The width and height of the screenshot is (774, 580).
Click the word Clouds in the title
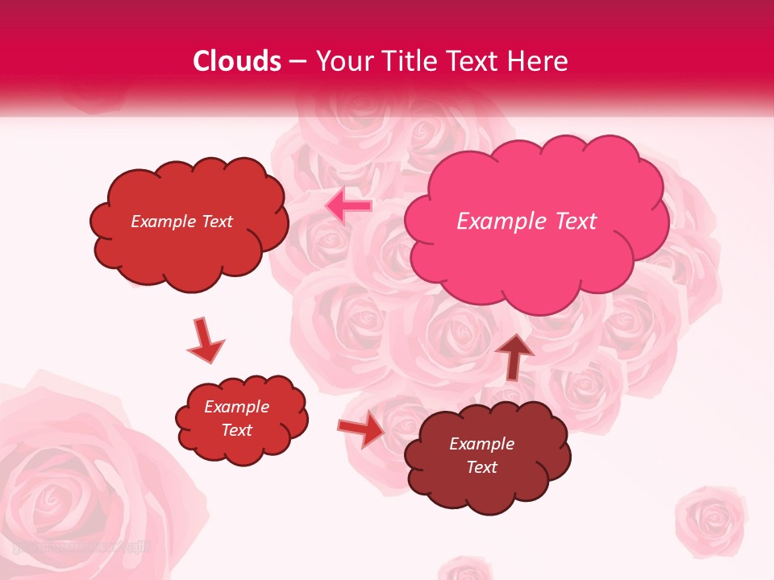click(237, 61)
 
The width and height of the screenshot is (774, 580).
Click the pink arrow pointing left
click(348, 206)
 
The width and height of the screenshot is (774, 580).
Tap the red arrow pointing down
click(205, 341)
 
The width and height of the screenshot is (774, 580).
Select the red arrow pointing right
click(361, 429)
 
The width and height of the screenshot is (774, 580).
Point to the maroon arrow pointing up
click(514, 355)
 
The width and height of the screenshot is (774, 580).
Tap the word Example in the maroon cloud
click(481, 444)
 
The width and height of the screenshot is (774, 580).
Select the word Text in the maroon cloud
click(481, 467)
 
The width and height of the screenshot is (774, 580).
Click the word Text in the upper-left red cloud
click(216, 222)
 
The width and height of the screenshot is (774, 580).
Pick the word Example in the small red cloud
click(237, 407)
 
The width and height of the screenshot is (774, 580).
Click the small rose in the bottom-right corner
click(711, 519)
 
